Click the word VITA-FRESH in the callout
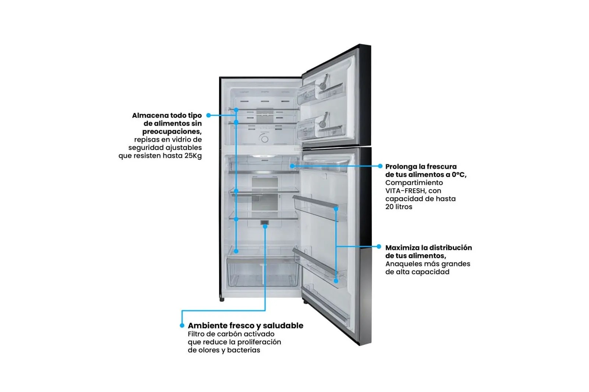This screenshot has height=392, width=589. [405, 191]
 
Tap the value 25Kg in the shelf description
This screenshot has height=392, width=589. [193, 156]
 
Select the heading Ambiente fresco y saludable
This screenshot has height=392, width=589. [245, 326]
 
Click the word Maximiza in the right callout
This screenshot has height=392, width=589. [402, 248]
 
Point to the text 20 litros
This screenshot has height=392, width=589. [399, 207]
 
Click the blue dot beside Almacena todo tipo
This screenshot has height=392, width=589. [208, 115]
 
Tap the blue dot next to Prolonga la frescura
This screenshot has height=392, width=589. [380, 166]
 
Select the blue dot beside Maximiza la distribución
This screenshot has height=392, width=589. [379, 247]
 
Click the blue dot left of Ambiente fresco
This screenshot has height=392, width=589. [182, 326]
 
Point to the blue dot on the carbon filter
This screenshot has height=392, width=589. [265, 226]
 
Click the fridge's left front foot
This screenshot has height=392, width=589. [222, 299]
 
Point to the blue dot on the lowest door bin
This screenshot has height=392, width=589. [336, 281]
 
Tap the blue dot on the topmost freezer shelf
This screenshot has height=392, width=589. [236, 110]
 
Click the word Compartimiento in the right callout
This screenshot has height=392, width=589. [414, 183]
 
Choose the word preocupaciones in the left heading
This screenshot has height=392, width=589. [172, 132]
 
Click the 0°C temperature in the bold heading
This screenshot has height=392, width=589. [459, 175]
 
